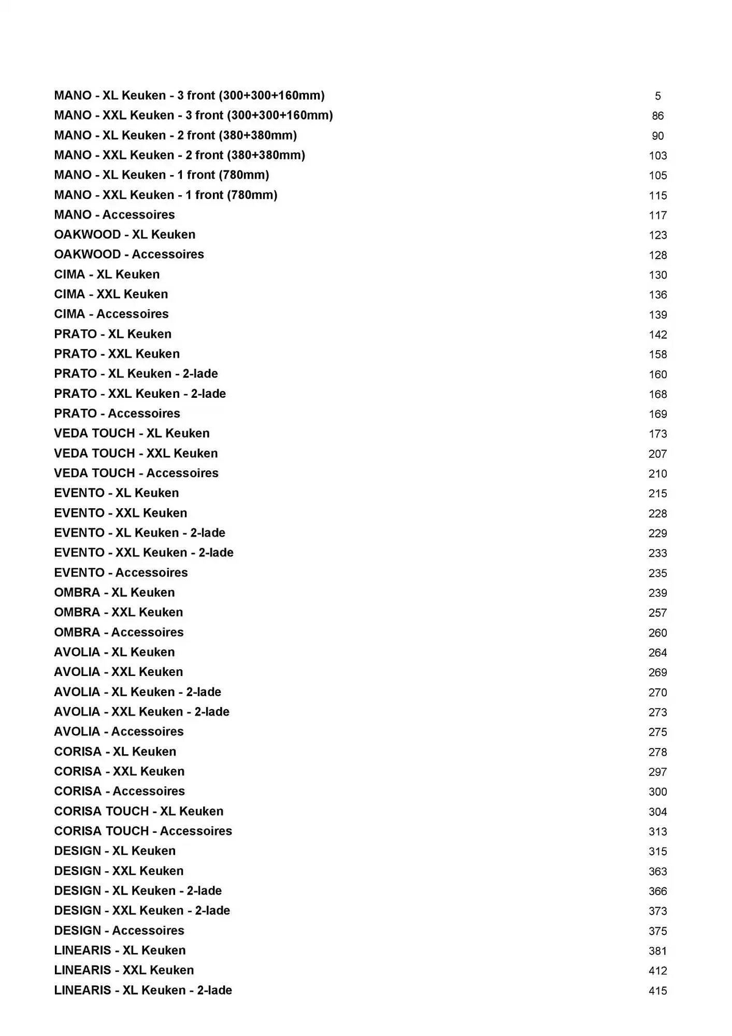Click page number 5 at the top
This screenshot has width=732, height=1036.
point(657,96)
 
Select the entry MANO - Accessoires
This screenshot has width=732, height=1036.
point(114,215)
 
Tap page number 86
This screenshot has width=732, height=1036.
point(657,116)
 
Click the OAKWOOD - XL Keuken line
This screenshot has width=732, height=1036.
point(125,235)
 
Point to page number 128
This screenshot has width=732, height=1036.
point(657,255)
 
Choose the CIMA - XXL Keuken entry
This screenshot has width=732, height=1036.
point(111,294)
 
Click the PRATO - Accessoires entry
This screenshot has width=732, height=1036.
point(117,413)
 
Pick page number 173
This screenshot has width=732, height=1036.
point(657,434)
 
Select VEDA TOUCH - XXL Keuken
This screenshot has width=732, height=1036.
point(136,453)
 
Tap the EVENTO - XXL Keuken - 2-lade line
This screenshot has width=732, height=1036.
point(143,553)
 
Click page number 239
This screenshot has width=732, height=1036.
point(657,593)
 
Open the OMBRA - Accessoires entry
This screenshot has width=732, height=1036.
point(119,632)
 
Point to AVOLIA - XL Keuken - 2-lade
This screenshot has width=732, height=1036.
point(137,692)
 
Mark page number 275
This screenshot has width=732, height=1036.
point(657,732)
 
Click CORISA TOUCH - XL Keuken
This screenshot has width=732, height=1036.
point(139,811)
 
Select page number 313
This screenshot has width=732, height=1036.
point(657,832)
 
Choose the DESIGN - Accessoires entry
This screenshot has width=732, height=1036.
point(119,930)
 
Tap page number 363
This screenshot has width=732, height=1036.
point(657,872)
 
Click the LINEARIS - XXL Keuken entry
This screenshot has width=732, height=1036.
point(124,970)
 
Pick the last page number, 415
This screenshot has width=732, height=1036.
point(657,991)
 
